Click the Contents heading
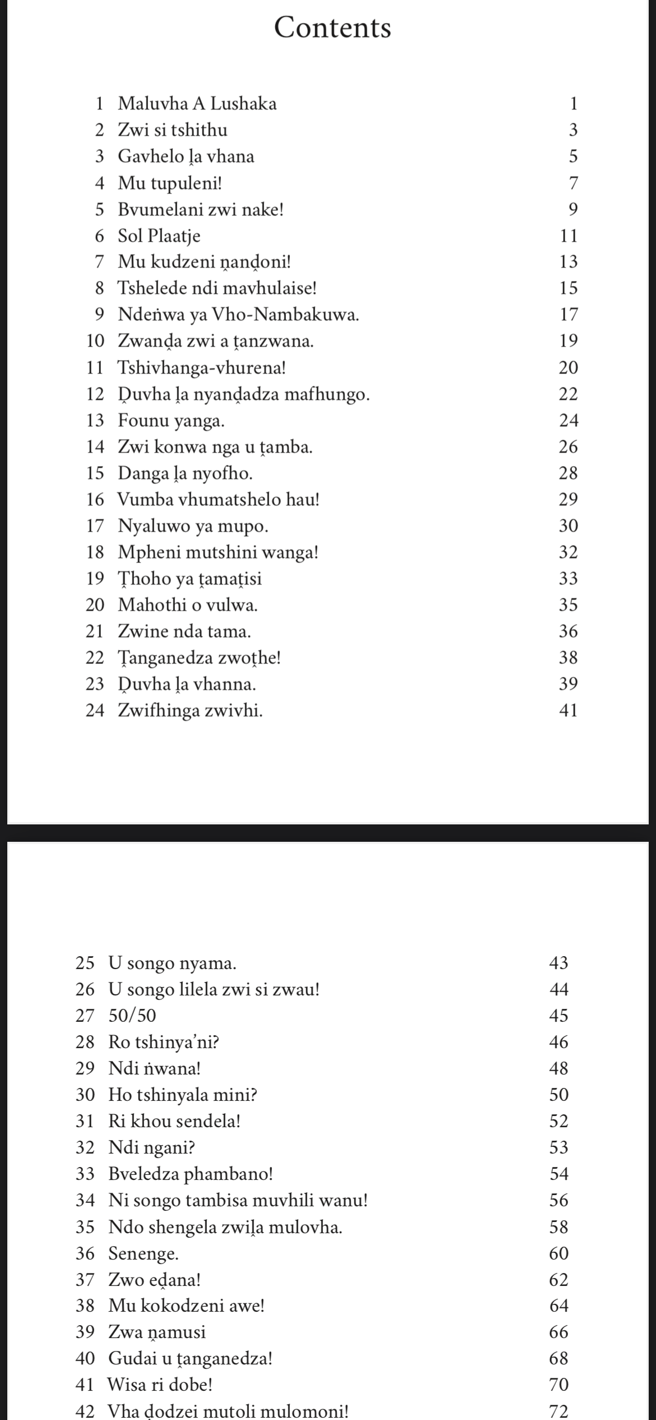[x=332, y=27]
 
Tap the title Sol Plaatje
[x=159, y=236]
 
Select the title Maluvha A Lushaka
[x=197, y=104]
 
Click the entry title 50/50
[x=132, y=1015]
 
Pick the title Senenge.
[x=144, y=1253]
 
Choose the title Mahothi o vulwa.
[x=188, y=605]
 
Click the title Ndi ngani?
[x=151, y=1147]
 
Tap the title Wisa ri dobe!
[x=160, y=1385]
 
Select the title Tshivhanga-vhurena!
[x=202, y=368]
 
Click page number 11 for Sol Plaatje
[x=569, y=236]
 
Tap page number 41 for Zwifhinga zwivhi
[x=569, y=711]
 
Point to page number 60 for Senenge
[x=559, y=1253]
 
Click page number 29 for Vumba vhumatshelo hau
[x=569, y=499]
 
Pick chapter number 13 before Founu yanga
[x=95, y=421]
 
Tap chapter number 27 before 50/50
[x=85, y=1015]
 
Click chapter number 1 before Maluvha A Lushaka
[x=100, y=104]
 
